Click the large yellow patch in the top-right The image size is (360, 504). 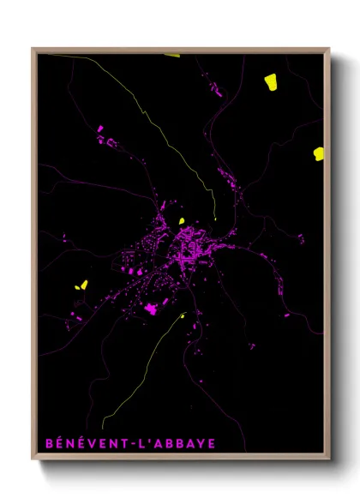(x=271, y=81)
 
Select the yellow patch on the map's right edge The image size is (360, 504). (x=319, y=153)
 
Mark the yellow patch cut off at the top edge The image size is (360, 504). (x=172, y=55)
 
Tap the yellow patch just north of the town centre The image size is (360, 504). (x=182, y=219)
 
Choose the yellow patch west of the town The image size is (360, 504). (x=83, y=285)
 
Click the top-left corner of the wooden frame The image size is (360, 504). (x=33, y=49)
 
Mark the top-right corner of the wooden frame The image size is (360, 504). (x=329, y=49)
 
